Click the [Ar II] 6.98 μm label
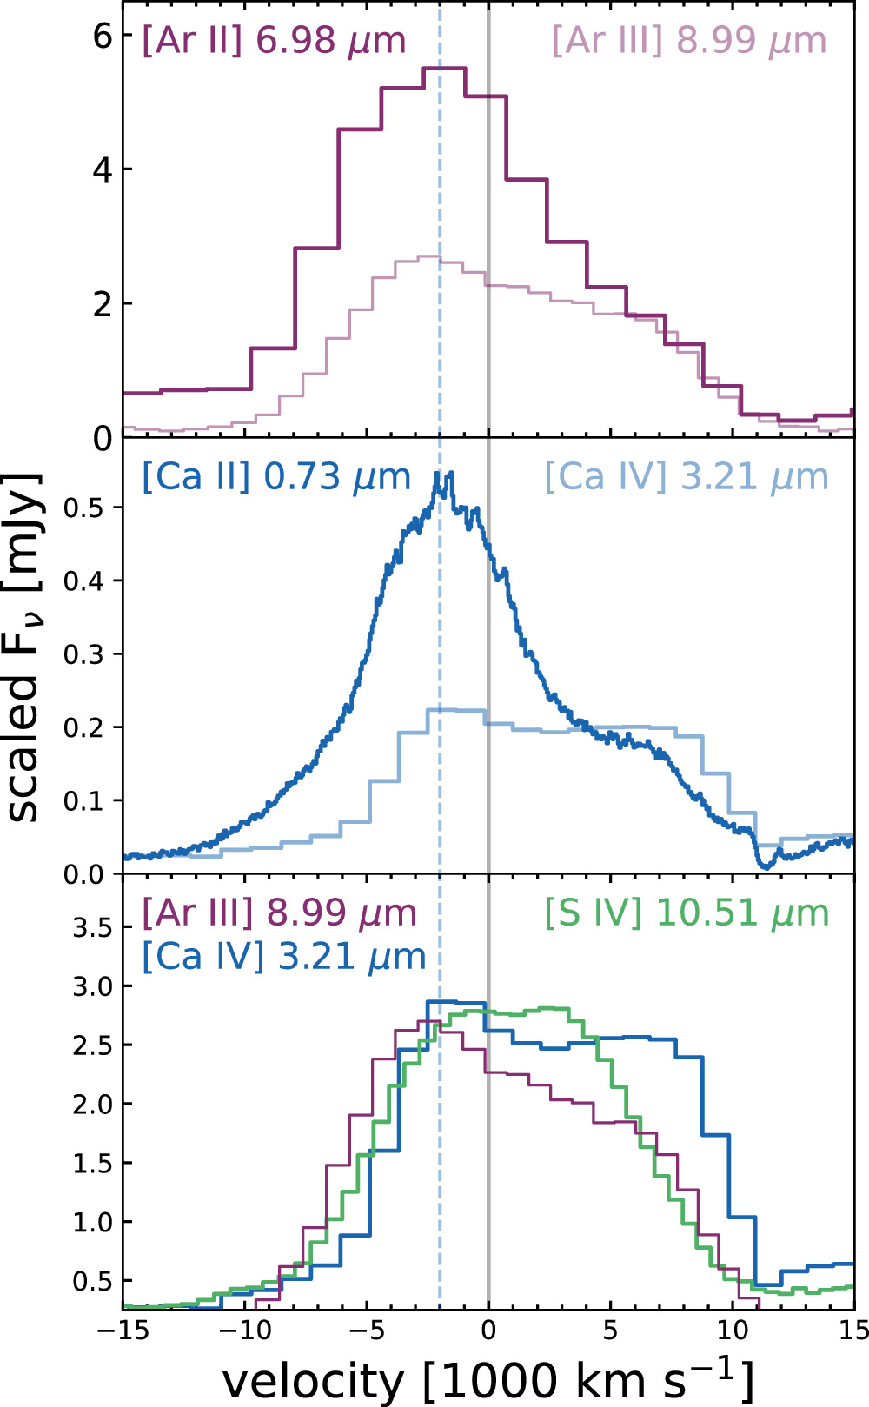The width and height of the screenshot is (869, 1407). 274,41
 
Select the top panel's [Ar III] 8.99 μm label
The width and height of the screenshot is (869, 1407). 689,41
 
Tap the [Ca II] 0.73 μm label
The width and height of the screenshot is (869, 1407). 275,477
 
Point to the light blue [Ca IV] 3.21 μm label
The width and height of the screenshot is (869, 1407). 687,477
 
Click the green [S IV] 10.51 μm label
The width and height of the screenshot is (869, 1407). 687,913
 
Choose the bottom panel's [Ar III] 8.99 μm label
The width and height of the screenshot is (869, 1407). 279,913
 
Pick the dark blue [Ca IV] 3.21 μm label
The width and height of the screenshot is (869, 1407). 283,956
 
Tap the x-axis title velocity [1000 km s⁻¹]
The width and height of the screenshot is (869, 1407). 488,1379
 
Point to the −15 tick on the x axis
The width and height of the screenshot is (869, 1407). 123,1331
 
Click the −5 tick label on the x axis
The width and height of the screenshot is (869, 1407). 367,1331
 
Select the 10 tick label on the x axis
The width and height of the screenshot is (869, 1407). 733,1331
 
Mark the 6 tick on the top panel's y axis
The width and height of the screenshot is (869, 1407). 103,36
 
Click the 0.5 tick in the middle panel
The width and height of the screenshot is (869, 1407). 83,508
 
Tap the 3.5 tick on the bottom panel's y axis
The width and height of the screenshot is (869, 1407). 92,927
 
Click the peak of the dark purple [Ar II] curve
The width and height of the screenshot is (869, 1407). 444,69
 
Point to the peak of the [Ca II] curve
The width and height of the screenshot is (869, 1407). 449,474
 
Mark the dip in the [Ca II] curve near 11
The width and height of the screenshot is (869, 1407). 764,866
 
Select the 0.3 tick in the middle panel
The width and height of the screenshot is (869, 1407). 83,654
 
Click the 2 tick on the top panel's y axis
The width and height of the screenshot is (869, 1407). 103,304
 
